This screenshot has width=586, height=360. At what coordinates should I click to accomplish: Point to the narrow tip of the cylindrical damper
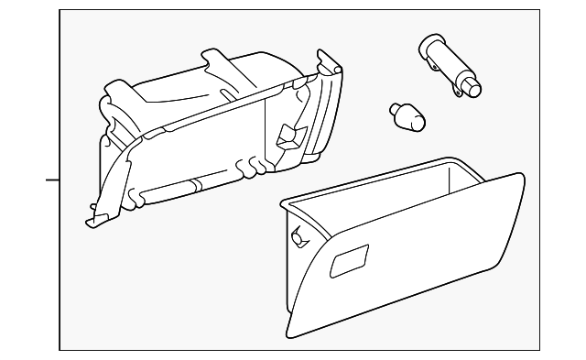click(x=472, y=89)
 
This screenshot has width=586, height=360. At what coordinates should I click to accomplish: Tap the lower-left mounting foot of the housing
click(x=96, y=219)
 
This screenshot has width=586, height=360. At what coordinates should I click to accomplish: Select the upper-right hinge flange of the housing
click(x=330, y=69)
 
